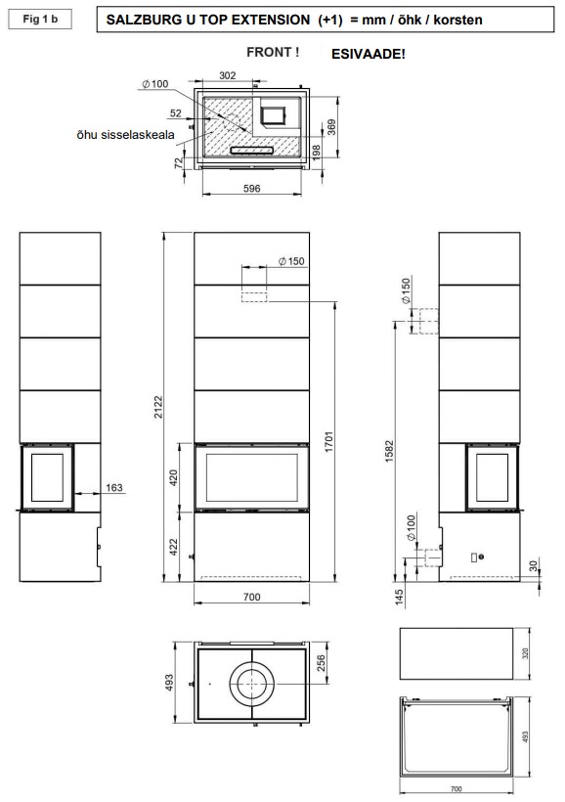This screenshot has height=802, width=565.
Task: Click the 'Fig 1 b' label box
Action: pyautogui.click(x=40, y=20)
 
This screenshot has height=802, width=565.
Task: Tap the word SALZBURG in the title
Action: pyautogui.click(x=137, y=20)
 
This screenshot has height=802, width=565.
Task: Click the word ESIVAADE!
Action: pyautogui.click(x=369, y=54)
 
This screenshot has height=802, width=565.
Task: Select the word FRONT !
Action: pyautogui.click(x=273, y=52)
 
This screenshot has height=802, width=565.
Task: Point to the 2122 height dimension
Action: pyautogui.click(x=158, y=407)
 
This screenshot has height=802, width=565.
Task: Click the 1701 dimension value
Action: pyautogui.click(x=328, y=441)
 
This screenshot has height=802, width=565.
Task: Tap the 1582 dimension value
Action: pyautogui.click(x=390, y=451)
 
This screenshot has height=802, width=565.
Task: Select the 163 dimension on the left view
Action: pyautogui.click(x=114, y=487)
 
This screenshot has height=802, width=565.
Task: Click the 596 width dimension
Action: pyautogui.click(x=251, y=188)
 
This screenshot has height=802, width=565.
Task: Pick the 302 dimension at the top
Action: pyautogui.click(x=228, y=75)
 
